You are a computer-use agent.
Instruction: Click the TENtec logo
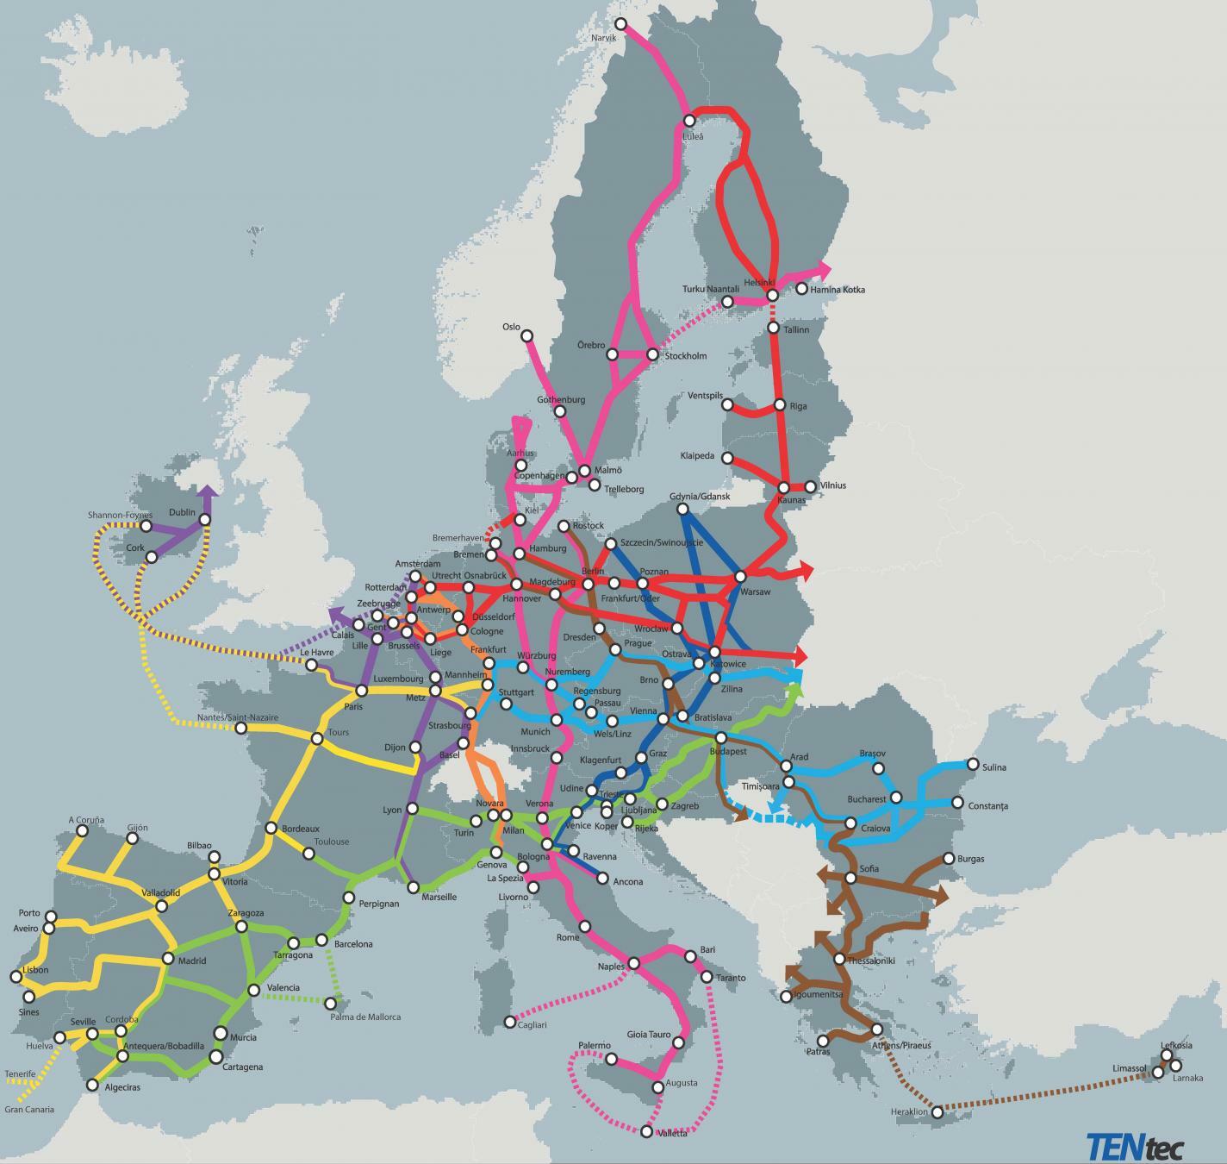coord(1134,1146)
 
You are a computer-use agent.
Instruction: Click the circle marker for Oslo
coord(526,336)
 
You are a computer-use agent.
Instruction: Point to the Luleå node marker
coord(688,121)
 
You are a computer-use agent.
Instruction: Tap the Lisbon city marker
coord(16,977)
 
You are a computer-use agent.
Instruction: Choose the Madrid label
coord(191,961)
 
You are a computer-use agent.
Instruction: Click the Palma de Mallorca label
coord(365,1017)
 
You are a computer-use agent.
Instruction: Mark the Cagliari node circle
coord(510,1022)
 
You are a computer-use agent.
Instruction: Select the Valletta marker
coord(647,1131)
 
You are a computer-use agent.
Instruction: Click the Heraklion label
coord(909,1112)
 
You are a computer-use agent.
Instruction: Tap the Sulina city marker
coord(973,764)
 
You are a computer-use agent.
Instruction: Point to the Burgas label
coord(970,859)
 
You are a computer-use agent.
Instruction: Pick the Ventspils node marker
coord(727,404)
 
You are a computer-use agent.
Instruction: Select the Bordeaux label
coord(300,829)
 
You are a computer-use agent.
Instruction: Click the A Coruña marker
coord(82,831)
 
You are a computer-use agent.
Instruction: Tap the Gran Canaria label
coord(29,1110)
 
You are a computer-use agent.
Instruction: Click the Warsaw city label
coord(755,591)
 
